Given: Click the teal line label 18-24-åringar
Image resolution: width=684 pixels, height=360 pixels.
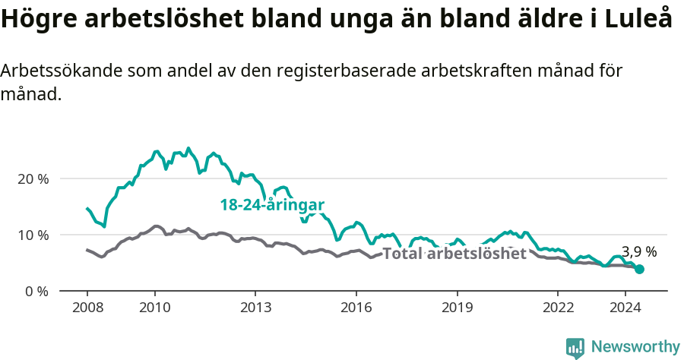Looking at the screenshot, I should (272, 205).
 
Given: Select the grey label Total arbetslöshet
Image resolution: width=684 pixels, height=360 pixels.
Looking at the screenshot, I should (454, 254).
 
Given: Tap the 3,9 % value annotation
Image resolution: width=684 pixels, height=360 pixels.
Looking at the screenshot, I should (639, 251).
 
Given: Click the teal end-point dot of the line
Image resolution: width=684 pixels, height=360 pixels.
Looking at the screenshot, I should (640, 269).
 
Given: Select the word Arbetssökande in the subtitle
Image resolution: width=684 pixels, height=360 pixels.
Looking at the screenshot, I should (62, 71).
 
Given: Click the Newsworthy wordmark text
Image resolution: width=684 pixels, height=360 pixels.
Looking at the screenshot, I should (635, 347).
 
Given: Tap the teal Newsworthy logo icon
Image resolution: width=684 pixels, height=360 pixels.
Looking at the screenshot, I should (575, 348).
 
